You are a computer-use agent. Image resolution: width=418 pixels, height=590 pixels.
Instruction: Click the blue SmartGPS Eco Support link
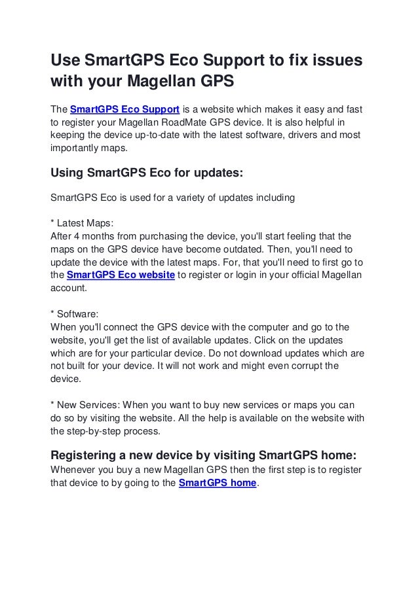coord(124,109)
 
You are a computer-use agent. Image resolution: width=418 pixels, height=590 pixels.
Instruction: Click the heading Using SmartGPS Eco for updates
coord(147,175)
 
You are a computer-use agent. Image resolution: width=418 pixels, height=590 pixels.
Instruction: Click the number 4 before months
coord(79,235)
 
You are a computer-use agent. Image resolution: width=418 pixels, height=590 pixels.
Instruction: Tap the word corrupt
coord(301,365)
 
